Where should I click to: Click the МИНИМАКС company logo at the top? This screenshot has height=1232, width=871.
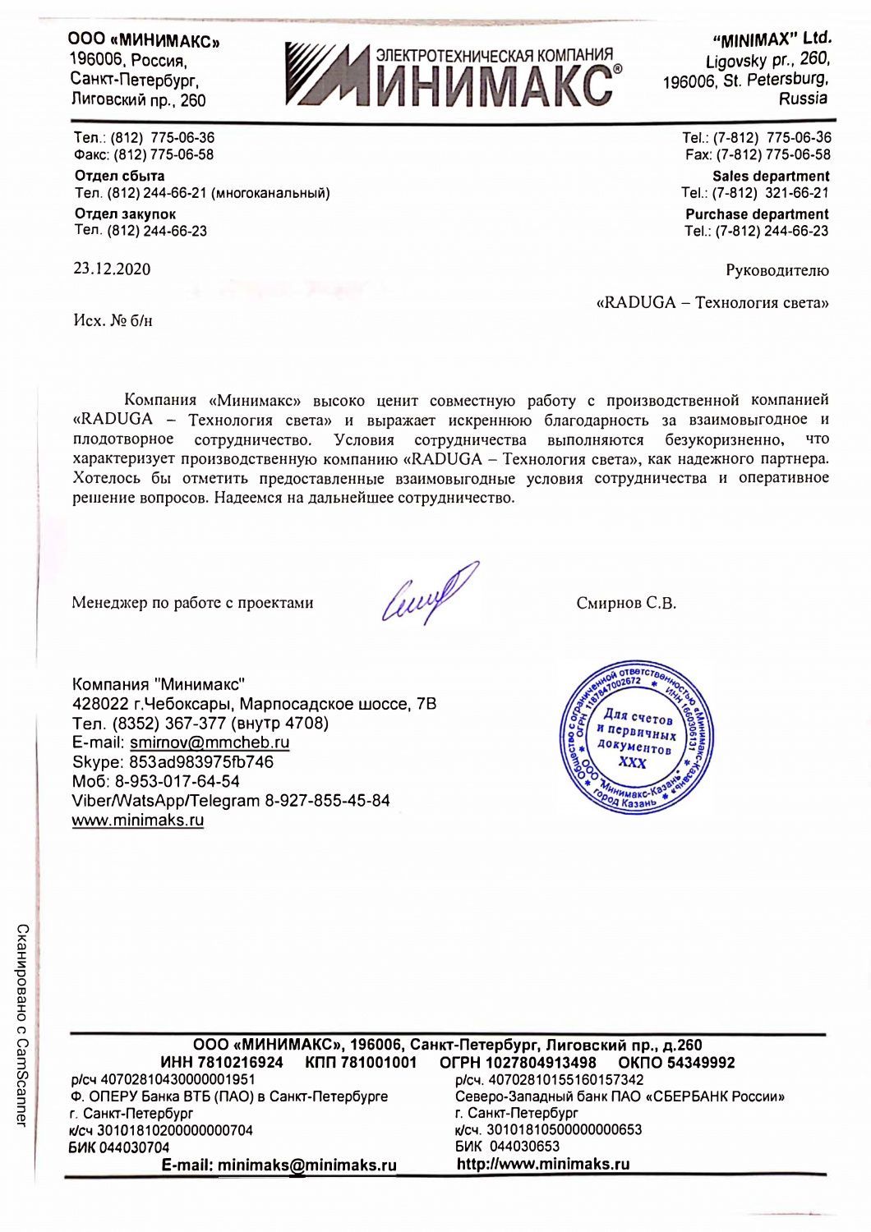pos(453,76)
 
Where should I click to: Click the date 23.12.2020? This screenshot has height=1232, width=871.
pos(112,269)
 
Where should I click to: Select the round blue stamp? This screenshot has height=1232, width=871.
pos(636,738)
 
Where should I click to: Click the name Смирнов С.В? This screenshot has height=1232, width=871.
pos(626,603)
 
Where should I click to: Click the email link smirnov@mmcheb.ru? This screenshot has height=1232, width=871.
pos(210,742)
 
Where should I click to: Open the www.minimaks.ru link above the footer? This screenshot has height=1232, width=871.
pos(138,820)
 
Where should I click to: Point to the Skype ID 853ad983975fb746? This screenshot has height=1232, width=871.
pos(201,762)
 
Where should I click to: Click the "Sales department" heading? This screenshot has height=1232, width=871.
pos(770,176)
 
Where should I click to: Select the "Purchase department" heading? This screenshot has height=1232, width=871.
pos(757,214)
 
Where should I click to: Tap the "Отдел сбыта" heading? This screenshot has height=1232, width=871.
pos(119,176)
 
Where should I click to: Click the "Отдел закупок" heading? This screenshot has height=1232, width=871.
pos(125,214)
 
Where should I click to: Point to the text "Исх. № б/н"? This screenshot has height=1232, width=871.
pos(113,320)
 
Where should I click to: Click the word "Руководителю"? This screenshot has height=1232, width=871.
pos(777,270)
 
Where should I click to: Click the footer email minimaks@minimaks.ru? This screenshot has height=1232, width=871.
pos(306,1165)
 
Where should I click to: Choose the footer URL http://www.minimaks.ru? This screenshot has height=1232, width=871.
pos(543,1164)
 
